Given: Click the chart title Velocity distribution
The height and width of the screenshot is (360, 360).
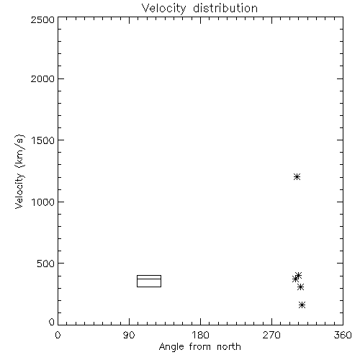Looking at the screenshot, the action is (x=199, y=9).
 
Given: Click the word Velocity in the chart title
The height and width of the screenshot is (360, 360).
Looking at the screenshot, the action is (x=163, y=9).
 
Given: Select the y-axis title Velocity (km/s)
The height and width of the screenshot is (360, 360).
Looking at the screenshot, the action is (x=19, y=171).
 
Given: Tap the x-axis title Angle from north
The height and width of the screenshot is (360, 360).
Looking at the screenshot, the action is (x=199, y=347).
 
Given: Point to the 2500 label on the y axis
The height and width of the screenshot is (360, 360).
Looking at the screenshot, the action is (x=42, y=19).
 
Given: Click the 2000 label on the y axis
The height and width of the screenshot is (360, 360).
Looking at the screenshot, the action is (x=42, y=78).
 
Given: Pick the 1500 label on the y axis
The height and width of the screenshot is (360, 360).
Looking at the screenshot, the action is (x=43, y=140).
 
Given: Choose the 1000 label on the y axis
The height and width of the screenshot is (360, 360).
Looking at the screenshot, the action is (x=43, y=202).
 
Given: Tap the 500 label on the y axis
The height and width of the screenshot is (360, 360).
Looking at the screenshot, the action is (x=46, y=264).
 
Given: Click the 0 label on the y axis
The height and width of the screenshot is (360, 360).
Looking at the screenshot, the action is (x=52, y=322).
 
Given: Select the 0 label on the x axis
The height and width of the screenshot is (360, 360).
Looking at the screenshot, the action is (x=58, y=335).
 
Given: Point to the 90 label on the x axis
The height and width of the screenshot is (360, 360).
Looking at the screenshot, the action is (x=129, y=335).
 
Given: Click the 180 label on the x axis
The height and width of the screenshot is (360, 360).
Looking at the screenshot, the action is (x=201, y=335).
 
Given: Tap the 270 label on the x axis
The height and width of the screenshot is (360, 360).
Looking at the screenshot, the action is (x=271, y=335).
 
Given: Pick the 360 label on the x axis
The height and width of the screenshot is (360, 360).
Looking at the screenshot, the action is (x=343, y=335).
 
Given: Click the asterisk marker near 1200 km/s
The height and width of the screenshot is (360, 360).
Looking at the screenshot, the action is (x=297, y=177).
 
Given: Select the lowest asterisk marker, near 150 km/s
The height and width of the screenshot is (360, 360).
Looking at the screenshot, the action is (x=302, y=305).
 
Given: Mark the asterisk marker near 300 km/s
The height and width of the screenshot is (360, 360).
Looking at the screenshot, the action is (x=300, y=287).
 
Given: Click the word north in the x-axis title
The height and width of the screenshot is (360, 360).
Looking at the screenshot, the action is (x=229, y=347).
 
